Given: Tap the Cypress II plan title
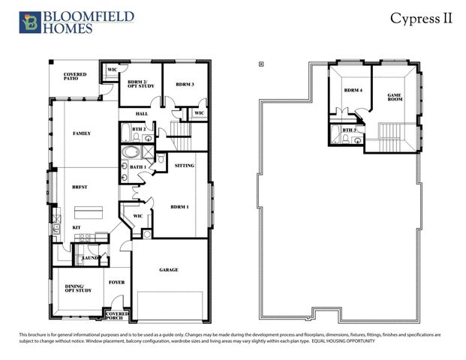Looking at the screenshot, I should click(421, 19).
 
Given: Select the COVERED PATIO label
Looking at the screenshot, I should click(75, 76).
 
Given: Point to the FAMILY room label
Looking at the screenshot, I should click(81, 133).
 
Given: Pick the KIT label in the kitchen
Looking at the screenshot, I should click(76, 227).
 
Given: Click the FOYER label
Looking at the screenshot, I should click(116, 283).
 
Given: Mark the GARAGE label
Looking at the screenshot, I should click(168, 270).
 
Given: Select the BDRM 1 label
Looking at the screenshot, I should click(179, 206).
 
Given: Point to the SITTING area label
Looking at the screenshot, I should click(185, 165).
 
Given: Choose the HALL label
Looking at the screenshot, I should click(141, 114).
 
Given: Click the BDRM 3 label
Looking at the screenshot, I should click(184, 84).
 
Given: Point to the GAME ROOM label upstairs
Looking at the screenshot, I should click(395, 97).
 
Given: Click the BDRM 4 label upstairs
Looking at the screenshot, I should click(353, 90).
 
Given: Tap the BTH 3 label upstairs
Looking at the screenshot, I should click(348, 130).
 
